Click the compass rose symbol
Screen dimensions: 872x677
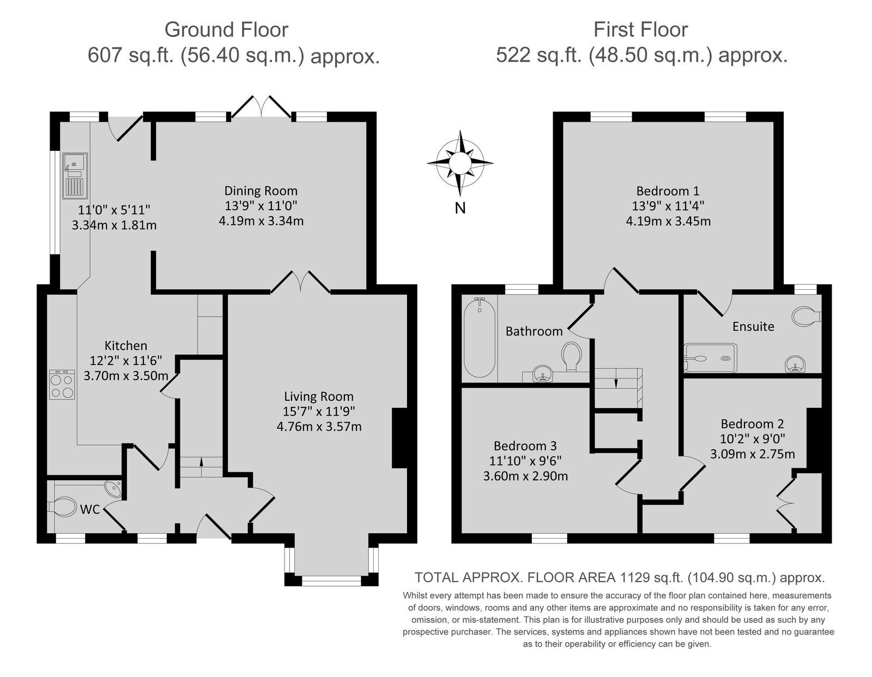(460, 163)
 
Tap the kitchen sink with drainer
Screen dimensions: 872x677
(75, 175)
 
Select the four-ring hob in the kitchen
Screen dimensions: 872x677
(62, 385)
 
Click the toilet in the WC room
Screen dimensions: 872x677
(63, 507)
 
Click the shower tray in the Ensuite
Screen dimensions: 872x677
(711, 358)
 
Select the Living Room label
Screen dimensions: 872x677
(319, 397)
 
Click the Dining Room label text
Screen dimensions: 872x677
(261, 191)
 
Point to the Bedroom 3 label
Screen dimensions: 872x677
(525, 446)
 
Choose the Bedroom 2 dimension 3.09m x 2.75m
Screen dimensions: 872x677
(753, 454)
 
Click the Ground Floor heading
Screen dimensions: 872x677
(226, 29)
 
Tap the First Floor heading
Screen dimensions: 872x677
(640, 29)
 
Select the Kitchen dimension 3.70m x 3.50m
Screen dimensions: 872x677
(126, 376)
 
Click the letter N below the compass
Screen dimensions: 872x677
(460, 208)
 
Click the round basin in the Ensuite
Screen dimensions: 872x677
(795, 364)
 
